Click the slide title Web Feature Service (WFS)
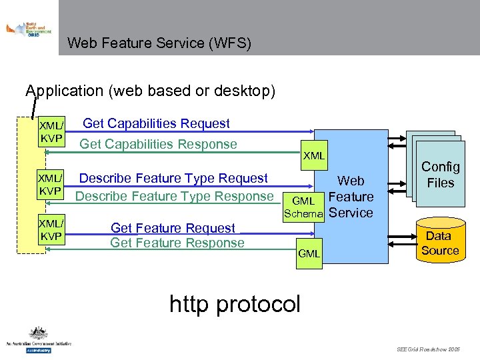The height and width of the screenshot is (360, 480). [x=159, y=43]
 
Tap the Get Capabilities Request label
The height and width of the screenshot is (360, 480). [x=156, y=123]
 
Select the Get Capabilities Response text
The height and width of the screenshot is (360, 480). [x=158, y=144]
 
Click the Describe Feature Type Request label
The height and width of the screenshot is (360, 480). [x=173, y=178]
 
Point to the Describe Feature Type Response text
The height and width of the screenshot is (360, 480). [x=174, y=196]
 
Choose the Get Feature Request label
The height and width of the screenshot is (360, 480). [x=173, y=228]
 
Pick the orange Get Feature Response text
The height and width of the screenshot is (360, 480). [x=177, y=243]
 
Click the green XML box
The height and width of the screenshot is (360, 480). [x=314, y=156]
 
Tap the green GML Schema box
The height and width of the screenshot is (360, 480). [x=303, y=207]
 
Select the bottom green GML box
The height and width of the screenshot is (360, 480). [x=309, y=254]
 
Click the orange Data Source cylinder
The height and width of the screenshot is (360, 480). [x=440, y=240]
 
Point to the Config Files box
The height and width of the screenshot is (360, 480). [x=440, y=175]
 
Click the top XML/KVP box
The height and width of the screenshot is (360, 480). [x=51, y=132]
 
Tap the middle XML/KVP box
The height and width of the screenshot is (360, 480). [x=51, y=185]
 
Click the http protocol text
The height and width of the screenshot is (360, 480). [x=235, y=303]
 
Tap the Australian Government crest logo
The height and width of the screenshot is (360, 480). [x=38, y=339]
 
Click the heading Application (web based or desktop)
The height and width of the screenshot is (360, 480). [x=150, y=91]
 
